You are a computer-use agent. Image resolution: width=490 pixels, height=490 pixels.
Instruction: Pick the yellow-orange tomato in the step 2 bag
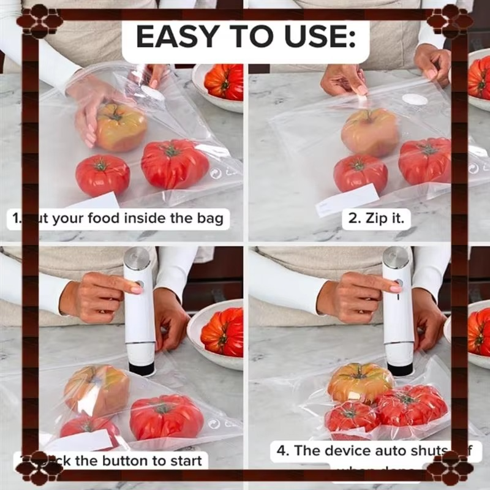369,131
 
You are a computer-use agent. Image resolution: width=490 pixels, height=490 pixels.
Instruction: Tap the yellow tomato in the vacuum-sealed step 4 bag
360,382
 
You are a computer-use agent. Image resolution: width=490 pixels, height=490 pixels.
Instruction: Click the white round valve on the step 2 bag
413,100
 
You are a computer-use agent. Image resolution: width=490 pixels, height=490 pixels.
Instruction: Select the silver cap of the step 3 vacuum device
136,258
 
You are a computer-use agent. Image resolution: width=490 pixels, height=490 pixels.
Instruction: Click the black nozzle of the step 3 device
141,368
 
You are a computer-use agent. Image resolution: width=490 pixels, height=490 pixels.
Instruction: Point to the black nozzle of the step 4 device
400,369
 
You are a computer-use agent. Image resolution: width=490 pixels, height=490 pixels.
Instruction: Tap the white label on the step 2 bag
347,200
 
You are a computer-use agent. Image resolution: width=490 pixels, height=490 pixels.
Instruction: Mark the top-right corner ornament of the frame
450,20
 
